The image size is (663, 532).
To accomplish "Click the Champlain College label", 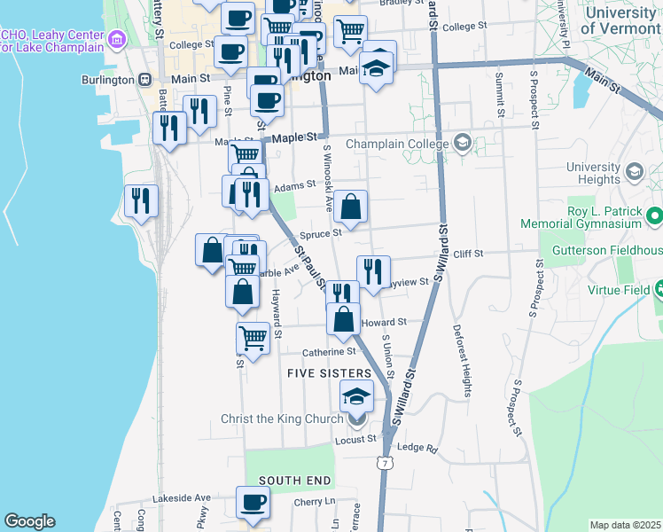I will [x=396, y=144].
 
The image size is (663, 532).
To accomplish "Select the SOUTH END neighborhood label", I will [x=295, y=481].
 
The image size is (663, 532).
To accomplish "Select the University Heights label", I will [x=593, y=173].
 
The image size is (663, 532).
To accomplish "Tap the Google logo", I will [x=29, y=521].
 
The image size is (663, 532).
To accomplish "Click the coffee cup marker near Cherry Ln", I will [x=253, y=503].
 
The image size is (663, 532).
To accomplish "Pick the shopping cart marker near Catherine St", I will [x=253, y=338].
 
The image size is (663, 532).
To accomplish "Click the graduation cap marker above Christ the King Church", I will [x=356, y=395].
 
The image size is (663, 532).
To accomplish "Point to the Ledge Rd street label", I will [x=418, y=449].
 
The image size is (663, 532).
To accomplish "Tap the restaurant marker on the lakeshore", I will [x=141, y=200].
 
